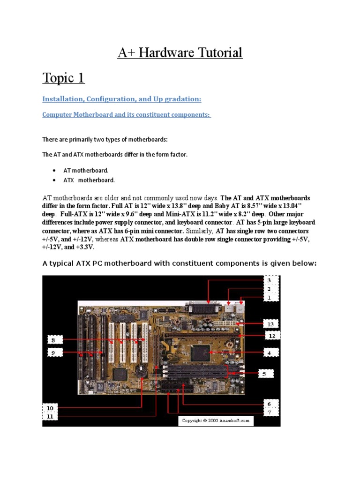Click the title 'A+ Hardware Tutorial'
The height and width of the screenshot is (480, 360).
point(180,52)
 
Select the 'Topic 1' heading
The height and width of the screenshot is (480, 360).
point(63,77)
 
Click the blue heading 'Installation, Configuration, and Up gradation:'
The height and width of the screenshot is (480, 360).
point(122,99)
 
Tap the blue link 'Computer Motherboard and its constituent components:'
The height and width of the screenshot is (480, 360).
point(127,114)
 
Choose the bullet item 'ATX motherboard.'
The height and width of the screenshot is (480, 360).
point(89,180)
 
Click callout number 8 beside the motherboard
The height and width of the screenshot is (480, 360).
point(53,340)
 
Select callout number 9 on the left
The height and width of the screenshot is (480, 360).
point(53,352)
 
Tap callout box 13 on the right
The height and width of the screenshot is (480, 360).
point(270,324)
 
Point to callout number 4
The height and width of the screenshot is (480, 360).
point(269,352)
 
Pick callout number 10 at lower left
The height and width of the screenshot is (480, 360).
point(50,408)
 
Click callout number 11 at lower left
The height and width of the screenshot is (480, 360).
point(50,416)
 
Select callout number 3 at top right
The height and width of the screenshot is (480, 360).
point(270,280)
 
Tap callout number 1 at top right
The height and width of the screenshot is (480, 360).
point(270,297)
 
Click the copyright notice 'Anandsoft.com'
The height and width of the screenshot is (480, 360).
point(216,421)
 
